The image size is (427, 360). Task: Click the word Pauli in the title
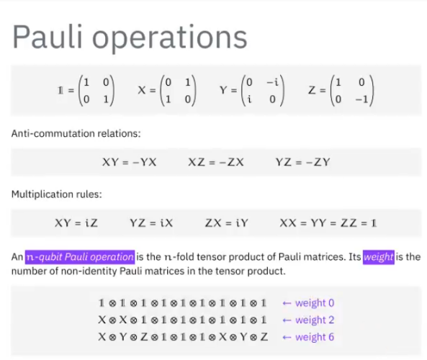(48, 37)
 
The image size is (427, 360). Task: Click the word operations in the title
(170, 39)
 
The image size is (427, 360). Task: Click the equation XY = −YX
(130, 162)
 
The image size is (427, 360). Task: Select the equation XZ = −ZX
(216, 162)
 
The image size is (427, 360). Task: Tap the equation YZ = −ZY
(303, 162)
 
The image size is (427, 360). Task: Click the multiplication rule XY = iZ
(76, 223)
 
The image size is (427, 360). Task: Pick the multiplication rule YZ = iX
(151, 223)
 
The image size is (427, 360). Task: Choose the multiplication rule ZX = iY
(227, 223)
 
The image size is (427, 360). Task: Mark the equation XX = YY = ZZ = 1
(328, 223)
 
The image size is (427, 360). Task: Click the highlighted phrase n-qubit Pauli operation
(80, 257)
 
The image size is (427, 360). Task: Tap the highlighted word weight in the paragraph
(379, 257)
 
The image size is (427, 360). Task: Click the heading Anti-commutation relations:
(76, 133)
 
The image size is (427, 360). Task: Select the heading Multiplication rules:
(57, 194)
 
